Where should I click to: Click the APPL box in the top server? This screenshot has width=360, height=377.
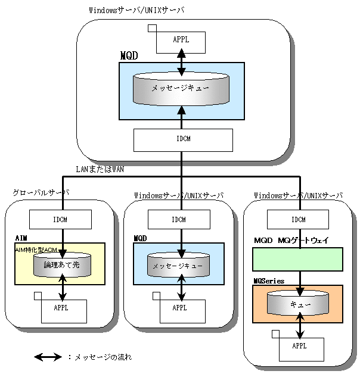click(181, 42)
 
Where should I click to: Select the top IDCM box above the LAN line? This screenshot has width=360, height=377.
click(183, 140)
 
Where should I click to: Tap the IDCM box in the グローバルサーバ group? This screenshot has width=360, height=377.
click(60, 219)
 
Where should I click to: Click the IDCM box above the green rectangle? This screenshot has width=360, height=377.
click(298, 219)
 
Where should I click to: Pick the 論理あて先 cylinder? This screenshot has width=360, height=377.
click(62, 264)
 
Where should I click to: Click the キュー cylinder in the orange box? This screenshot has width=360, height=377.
click(298, 303)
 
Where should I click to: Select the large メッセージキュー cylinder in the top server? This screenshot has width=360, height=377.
click(181, 89)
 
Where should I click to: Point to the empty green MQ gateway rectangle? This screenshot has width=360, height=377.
click(297, 260)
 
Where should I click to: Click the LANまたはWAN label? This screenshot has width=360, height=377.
click(100, 169)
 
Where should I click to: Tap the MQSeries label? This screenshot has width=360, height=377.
click(269, 281)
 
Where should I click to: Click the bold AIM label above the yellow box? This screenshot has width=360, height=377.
click(21, 238)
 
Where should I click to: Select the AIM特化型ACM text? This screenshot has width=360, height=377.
click(36, 250)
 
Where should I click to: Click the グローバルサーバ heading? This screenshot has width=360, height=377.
click(41, 192)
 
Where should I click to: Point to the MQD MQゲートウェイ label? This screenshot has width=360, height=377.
click(291, 240)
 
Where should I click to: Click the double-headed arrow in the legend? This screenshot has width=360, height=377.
click(48, 357)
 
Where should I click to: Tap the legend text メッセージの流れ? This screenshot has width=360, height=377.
click(103, 357)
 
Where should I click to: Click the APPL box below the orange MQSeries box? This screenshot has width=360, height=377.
click(301, 350)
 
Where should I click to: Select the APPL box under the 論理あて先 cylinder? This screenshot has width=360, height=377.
click(64, 311)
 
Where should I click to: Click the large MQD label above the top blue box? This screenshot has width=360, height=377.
click(129, 56)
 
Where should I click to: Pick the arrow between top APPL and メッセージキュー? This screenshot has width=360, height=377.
click(181, 63)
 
